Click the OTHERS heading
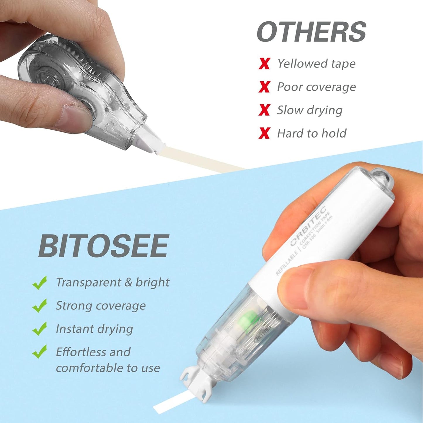pos(311,32)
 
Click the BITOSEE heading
pos(104,246)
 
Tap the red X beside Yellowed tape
pos(264,64)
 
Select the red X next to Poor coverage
pos(264,87)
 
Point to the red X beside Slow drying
pos(264,110)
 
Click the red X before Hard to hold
pos(264,133)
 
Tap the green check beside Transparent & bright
pos(40,282)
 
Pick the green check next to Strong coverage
pos(40,306)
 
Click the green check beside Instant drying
pos(40,329)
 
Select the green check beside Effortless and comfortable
pos(40,352)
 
